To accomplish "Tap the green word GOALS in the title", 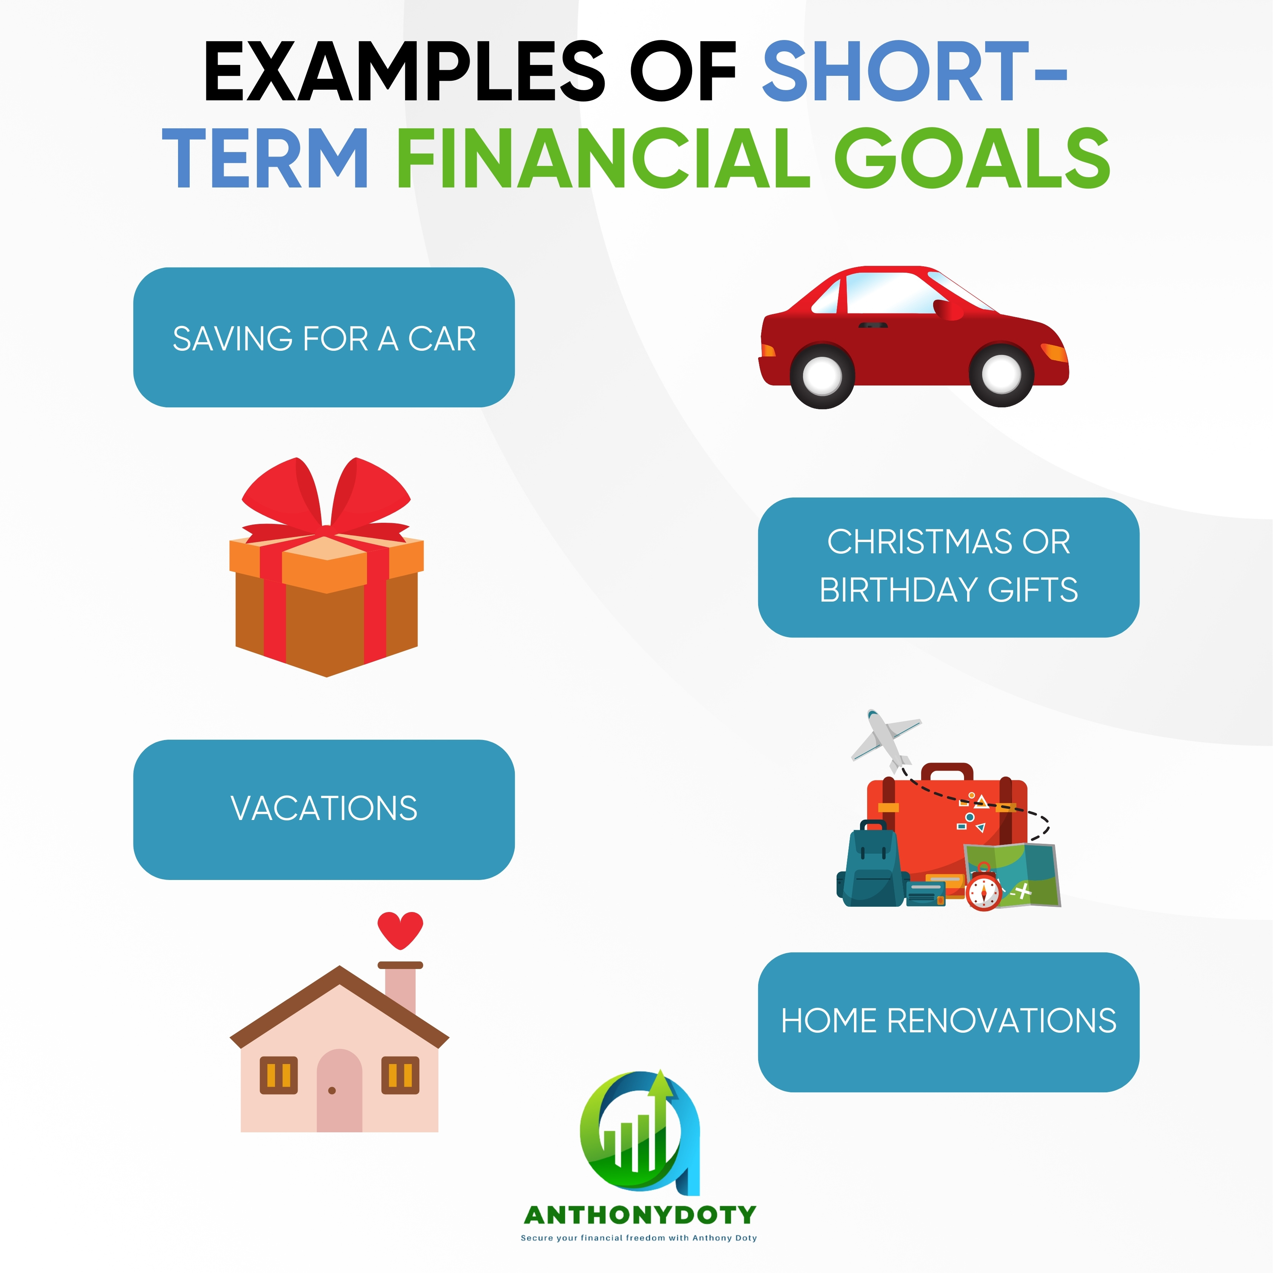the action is [x=972, y=158].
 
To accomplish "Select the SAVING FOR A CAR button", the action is [x=324, y=337].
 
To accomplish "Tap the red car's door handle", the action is [x=873, y=325].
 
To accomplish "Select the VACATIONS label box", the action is [x=324, y=809].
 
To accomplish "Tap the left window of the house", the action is [x=279, y=1075].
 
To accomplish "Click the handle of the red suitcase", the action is [x=947, y=772].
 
